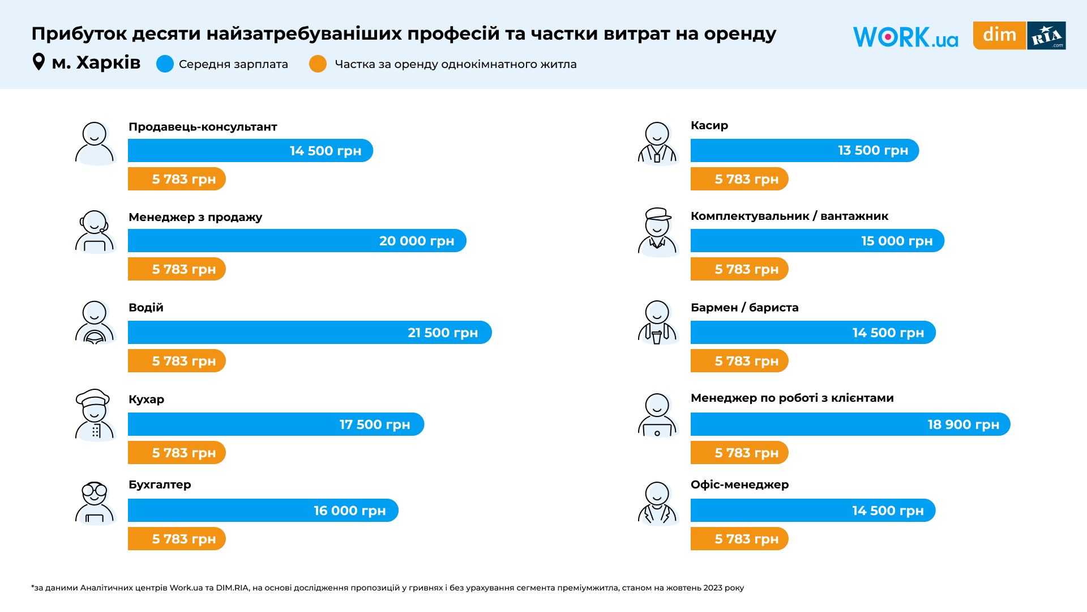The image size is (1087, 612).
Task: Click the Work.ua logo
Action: pos(905,37)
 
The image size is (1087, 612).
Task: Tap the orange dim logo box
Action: pos(999,35)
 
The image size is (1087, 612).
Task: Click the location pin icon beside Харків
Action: pos(38,61)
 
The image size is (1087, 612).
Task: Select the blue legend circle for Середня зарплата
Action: pos(165,64)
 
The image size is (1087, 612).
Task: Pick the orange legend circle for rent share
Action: pos(318,64)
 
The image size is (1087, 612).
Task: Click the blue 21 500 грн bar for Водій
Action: pos(309,333)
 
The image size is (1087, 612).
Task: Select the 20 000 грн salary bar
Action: pos(297,241)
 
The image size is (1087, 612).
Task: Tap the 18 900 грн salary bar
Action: pos(850,424)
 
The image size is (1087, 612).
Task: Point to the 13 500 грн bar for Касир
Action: pos(804,151)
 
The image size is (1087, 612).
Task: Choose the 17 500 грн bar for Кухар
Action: pos(276,424)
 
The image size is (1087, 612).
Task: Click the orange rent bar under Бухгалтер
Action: pos(177,539)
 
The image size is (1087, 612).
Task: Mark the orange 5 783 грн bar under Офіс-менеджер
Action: pos(739,539)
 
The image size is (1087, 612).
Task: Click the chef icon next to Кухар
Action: pos(95,415)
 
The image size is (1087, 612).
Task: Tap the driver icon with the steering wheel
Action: pos(95,323)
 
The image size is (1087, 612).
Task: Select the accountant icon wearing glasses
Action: pos(95,503)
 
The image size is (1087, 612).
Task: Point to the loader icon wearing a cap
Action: pos(658,232)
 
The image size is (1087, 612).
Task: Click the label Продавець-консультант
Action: pos(203,127)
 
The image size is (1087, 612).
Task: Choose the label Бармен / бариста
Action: pos(744,308)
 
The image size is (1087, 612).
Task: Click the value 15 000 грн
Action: pos(897,241)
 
